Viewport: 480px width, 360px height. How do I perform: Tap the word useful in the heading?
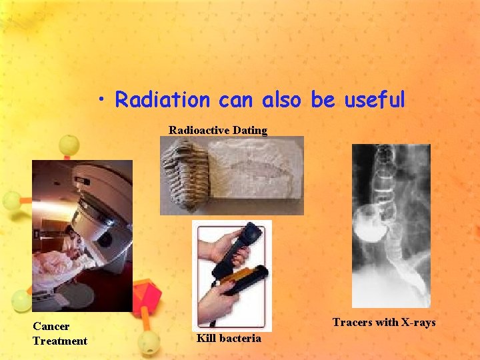[374, 100]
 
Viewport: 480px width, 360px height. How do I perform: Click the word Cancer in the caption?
[51, 326]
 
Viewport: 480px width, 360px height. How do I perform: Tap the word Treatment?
[60, 341]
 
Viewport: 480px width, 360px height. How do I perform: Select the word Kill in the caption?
[206, 339]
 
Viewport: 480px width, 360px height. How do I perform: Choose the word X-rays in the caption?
[416, 323]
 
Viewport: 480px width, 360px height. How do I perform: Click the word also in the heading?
[283, 100]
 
